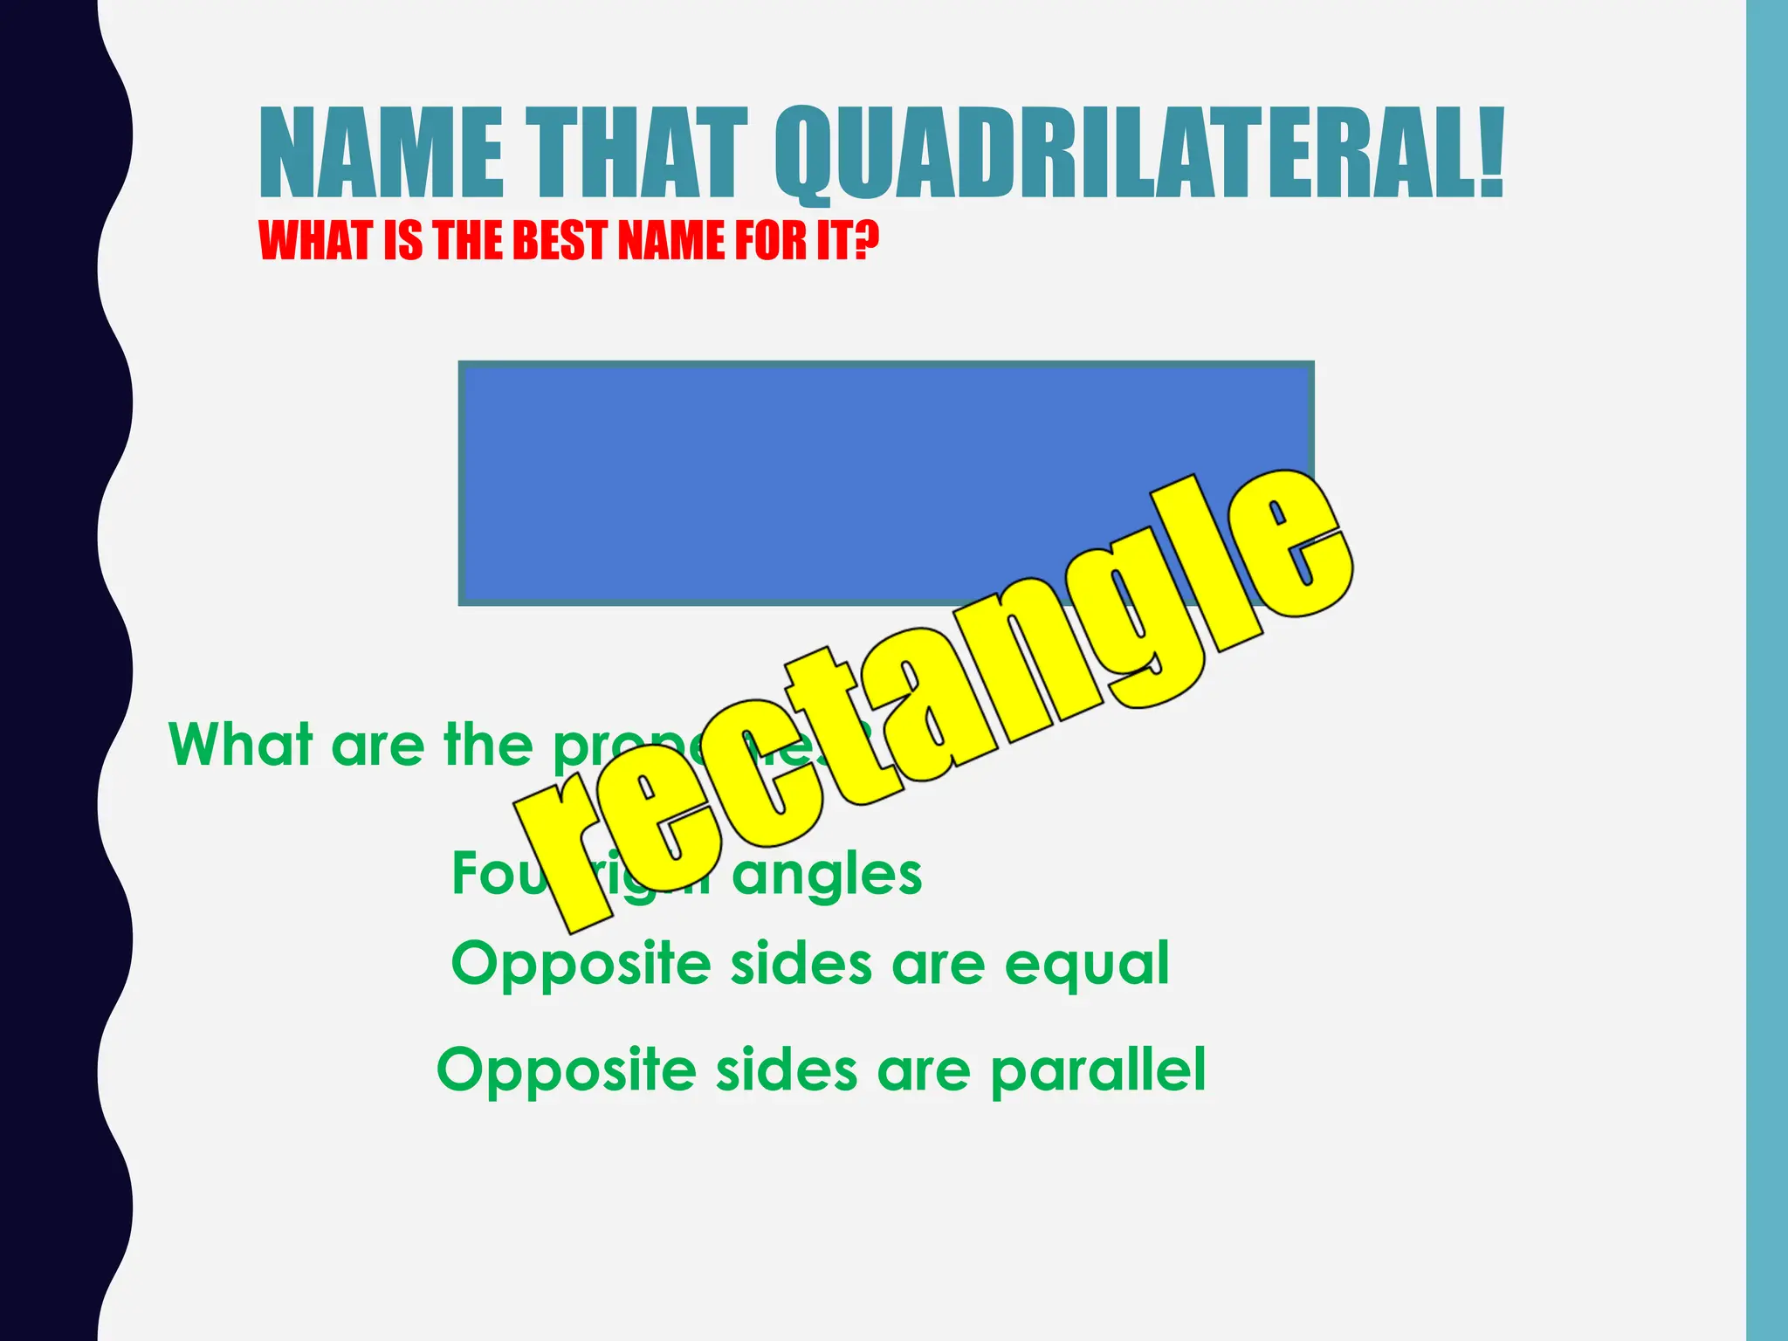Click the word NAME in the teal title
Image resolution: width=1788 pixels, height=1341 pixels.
(382, 153)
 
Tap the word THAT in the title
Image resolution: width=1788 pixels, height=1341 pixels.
(641, 153)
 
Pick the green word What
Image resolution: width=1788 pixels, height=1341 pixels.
(240, 745)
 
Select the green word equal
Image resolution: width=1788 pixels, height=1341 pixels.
(1086, 966)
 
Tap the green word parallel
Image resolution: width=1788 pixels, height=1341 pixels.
(1097, 1070)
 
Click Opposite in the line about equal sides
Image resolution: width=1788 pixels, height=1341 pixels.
(581, 966)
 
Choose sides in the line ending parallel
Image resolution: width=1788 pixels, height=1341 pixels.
(787, 1070)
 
